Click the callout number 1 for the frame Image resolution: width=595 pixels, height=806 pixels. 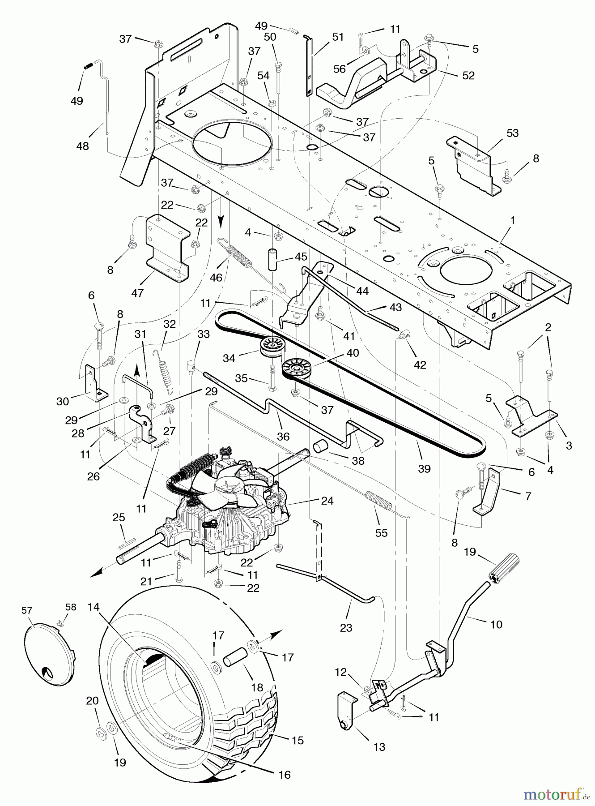pos(513,221)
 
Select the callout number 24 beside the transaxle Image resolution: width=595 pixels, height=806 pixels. pos(327,501)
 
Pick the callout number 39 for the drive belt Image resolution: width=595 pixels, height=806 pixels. pos(424,468)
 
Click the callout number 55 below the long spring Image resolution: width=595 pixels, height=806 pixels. pos(382,532)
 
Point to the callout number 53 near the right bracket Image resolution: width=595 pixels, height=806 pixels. pos(513,133)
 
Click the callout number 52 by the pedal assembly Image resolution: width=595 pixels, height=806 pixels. pos(468,76)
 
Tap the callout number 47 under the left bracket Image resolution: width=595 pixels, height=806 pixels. pos(137,292)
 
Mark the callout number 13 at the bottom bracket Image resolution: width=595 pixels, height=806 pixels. pos(379,747)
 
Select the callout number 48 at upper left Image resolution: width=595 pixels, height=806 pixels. pos(82,146)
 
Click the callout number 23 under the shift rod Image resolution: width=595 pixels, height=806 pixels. pos(346,628)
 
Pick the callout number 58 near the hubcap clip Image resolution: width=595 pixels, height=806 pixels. pos(71,607)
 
